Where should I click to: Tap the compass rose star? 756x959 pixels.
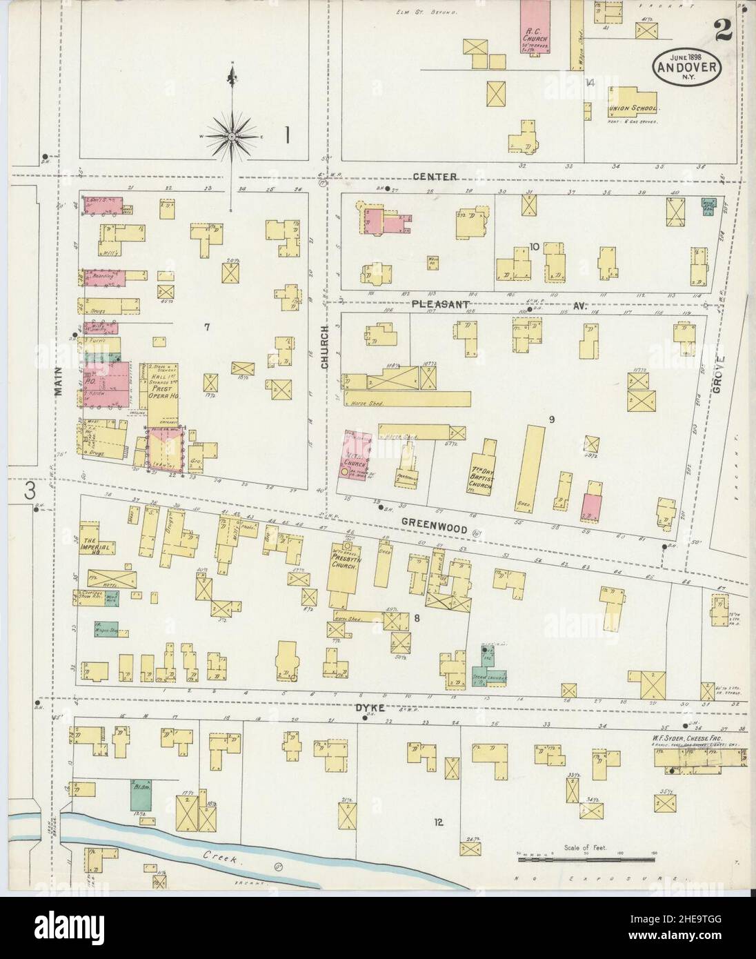232,137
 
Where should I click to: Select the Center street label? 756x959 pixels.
436,177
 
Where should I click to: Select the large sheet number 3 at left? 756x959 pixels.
30,491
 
